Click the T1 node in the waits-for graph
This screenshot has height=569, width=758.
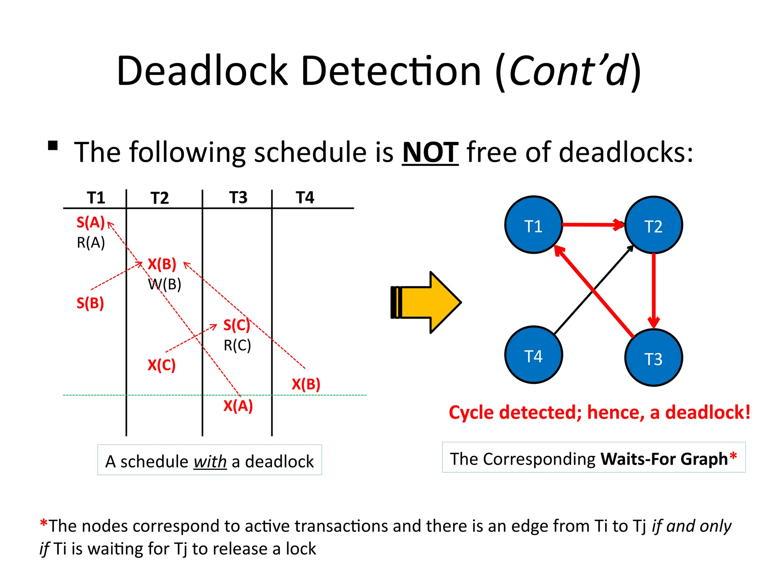click(533, 225)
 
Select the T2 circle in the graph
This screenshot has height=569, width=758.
click(653, 225)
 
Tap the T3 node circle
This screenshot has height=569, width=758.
click(653, 358)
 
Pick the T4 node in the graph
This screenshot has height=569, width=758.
click(533, 355)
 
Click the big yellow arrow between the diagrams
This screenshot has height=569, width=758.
click(429, 302)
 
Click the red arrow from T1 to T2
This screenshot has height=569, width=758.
click(592, 224)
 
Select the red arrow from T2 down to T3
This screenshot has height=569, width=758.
click(654, 289)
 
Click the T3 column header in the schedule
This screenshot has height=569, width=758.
click(238, 198)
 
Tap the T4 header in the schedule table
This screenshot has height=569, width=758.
click(305, 198)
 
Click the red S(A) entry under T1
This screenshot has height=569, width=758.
click(91, 222)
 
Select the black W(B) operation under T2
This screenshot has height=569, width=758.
click(165, 284)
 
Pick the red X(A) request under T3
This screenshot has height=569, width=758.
click(238, 406)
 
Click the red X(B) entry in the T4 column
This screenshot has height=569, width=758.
click(306, 384)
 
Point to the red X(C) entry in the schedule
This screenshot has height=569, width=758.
click(161, 365)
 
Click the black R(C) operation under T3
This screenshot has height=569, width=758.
click(237, 345)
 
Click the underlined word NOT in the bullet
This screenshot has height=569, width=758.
click(430, 153)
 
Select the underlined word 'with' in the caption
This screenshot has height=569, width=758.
click(210, 462)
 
